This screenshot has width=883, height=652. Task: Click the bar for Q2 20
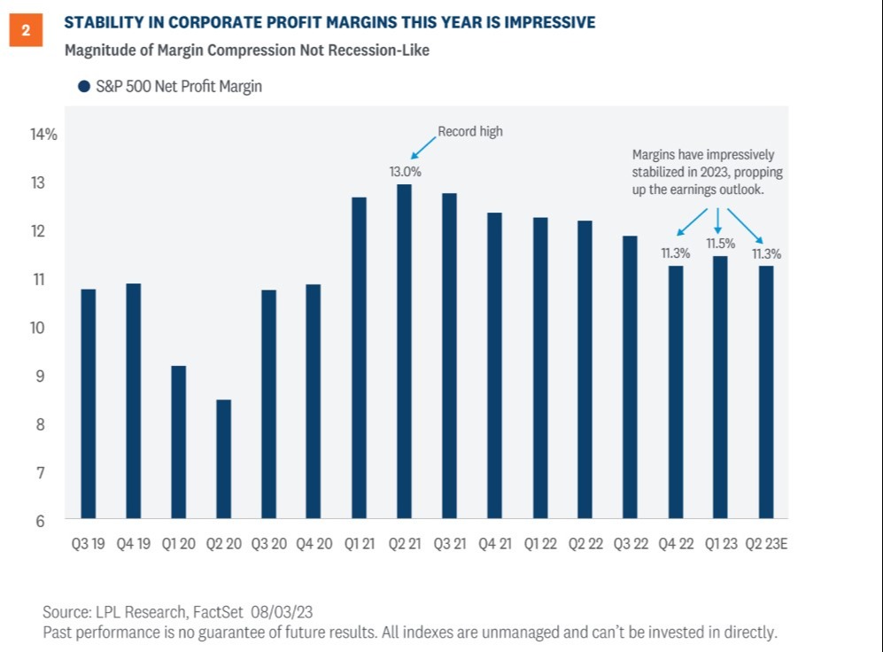pos(223,459)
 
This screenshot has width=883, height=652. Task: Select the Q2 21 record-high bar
pos(404,351)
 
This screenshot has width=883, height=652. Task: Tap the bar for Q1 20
pos(178,442)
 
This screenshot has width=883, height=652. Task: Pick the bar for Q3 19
pos(88,403)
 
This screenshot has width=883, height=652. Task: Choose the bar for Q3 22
pos(629,376)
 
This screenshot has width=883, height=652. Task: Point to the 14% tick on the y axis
pos(44,135)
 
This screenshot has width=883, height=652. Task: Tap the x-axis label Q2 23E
pos(768,543)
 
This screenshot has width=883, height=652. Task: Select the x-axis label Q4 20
pos(314,543)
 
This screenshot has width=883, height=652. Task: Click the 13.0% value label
pos(405,171)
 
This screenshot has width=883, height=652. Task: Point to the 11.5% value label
pos(718,243)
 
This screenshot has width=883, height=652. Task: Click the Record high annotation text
pos(470,132)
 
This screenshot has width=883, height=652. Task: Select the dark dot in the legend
pos(84,87)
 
